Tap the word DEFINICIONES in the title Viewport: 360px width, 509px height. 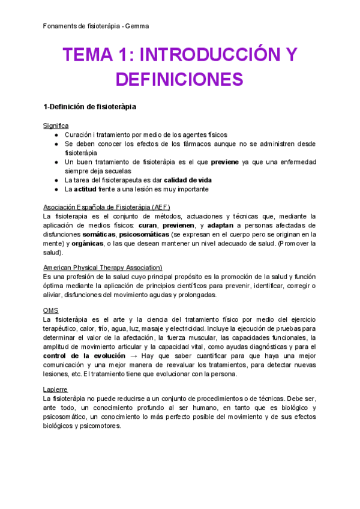pos(179,79)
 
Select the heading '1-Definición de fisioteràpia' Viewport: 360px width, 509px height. pos(90,107)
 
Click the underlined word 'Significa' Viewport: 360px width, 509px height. pos(56,125)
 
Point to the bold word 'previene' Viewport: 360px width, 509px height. pos(224,162)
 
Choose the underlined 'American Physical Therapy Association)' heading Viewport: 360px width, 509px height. pos(103,267)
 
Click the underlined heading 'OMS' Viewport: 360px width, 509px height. pos(51,310)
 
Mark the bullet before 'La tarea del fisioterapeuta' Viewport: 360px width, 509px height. pos(56,180)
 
